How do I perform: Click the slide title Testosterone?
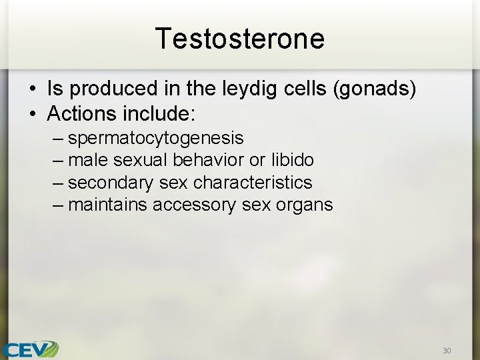tap(239, 39)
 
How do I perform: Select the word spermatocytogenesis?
tap(155, 139)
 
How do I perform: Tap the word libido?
tap(292, 161)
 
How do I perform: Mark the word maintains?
tap(107, 205)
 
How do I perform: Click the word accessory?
tap(194, 205)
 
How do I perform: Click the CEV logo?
tap(30, 349)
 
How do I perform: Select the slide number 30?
tap(446, 350)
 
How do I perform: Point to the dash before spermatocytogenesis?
tap(58, 139)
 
